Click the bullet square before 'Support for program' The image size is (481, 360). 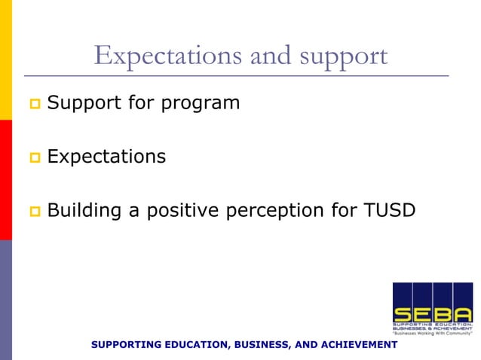34,102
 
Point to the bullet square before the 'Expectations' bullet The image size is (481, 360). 34,157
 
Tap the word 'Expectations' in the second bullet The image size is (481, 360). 106,157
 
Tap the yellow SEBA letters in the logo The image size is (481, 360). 432,314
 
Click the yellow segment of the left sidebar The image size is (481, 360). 5,59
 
